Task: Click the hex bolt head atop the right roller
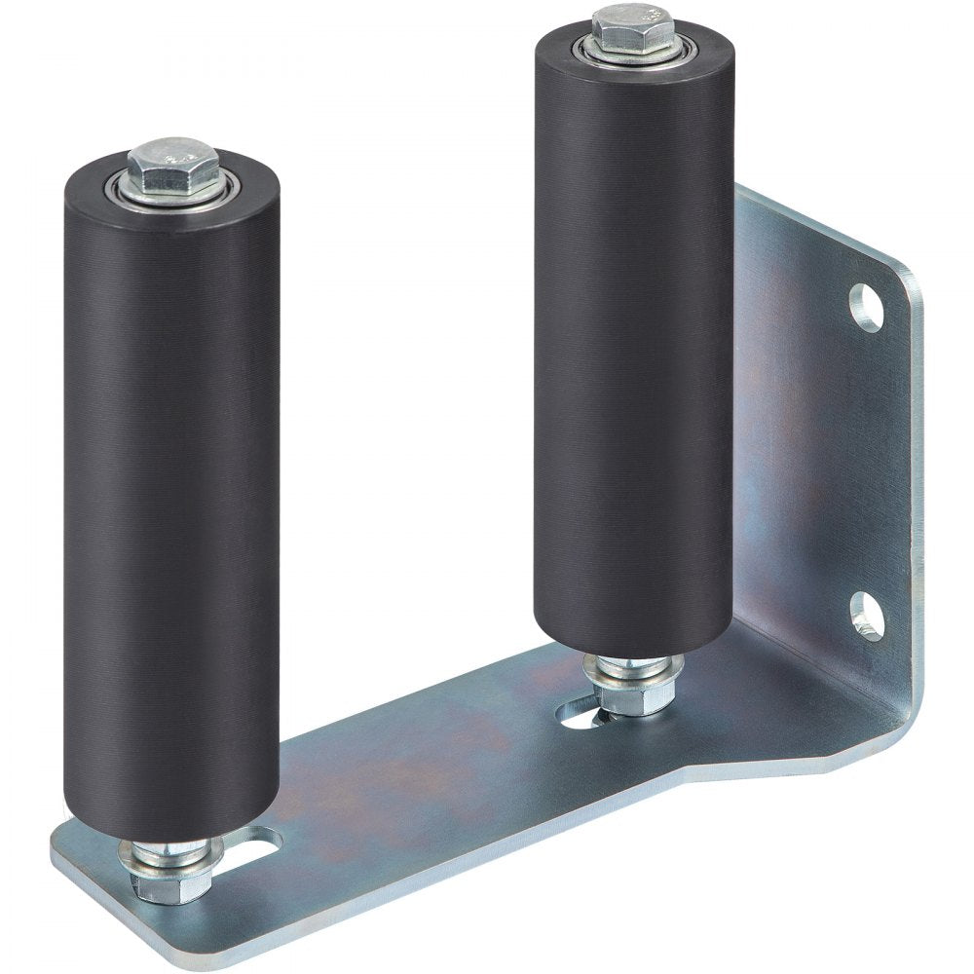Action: click(633, 27)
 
